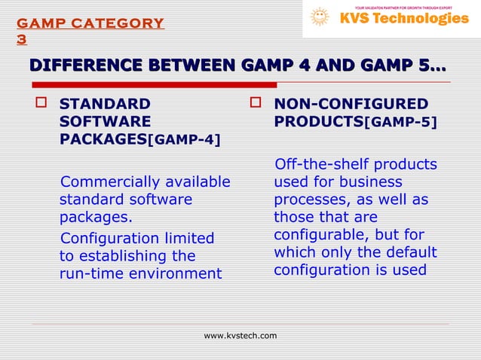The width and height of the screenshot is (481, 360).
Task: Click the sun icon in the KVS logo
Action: point(320,17)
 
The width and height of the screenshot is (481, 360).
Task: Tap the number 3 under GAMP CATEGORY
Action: point(21,39)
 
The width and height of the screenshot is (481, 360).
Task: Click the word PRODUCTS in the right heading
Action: point(318,121)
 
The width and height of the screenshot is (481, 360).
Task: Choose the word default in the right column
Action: point(409,252)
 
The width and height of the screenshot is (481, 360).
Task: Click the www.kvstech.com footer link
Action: point(240,335)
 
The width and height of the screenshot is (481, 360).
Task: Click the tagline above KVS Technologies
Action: point(403,6)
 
